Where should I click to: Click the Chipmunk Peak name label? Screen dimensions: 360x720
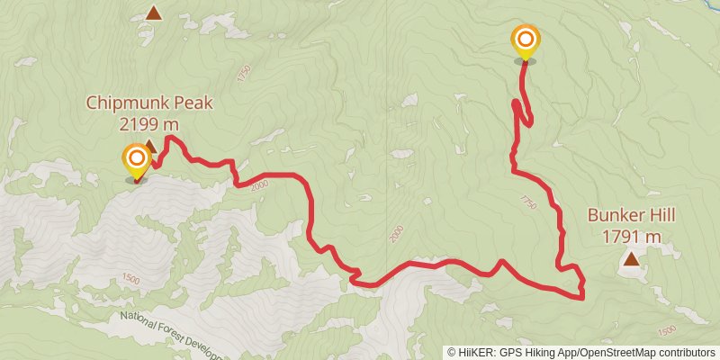(149, 103)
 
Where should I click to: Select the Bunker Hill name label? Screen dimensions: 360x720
(631, 216)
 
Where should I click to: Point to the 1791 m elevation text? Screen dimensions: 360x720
(631, 236)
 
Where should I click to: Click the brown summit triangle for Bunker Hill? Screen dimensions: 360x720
(632, 260)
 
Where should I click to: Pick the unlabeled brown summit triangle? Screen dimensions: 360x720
(154, 13)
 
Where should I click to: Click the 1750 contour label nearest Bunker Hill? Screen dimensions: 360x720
(528, 203)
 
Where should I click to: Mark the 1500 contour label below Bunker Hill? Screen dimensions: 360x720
(667, 330)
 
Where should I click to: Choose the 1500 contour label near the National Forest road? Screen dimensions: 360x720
(130, 280)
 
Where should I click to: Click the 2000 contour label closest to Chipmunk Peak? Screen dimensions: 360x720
(260, 184)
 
